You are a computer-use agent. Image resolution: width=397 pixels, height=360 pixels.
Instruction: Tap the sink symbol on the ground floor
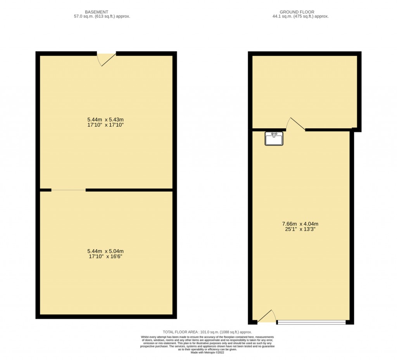tap(274, 138)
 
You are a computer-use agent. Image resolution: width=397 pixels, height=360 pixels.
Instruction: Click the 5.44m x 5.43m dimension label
tap(105, 120)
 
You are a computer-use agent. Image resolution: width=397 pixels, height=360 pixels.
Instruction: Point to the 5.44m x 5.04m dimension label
tap(105, 251)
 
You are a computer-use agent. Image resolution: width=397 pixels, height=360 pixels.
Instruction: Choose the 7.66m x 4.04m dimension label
tap(300, 224)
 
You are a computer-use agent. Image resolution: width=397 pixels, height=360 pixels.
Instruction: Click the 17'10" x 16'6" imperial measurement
tap(105, 257)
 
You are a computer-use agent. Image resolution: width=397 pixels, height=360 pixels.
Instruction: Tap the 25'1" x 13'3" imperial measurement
tap(300, 229)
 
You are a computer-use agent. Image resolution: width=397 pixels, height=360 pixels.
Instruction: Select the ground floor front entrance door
tap(267, 317)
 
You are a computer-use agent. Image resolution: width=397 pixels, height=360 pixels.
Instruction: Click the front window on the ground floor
tap(311, 322)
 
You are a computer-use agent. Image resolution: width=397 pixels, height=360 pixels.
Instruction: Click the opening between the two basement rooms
tap(68, 190)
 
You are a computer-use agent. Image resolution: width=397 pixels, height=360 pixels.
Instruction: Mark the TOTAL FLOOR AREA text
tap(207, 332)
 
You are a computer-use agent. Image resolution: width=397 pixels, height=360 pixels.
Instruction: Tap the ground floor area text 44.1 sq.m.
tap(300, 17)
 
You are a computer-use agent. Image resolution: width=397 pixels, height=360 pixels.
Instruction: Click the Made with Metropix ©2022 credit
tap(207, 352)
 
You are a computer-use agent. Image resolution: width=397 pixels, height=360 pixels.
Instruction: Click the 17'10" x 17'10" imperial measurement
tap(105, 126)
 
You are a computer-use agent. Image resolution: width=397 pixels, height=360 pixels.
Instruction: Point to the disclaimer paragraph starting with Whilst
tap(207, 343)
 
